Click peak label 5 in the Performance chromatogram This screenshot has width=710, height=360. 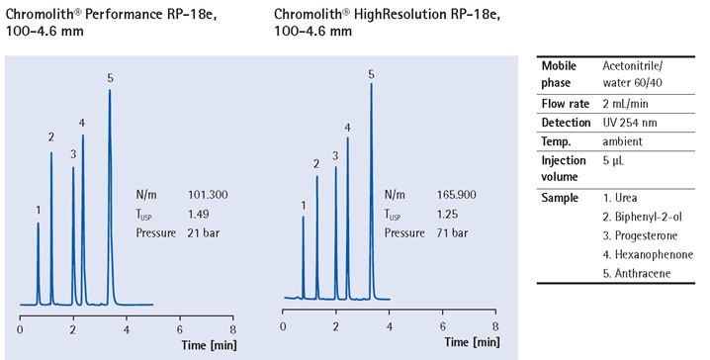tap(110, 78)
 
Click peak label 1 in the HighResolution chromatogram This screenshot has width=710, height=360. tap(303, 205)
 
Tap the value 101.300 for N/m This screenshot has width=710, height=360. tap(208, 195)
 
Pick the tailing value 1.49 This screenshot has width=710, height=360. tap(199, 214)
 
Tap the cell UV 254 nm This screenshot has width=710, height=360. tap(632, 122)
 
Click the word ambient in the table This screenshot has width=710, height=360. tap(623, 140)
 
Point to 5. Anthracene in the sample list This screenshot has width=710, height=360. tap(641, 272)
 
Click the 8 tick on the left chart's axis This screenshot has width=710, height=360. tap(232, 327)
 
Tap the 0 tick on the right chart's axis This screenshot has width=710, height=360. tap(284, 327)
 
